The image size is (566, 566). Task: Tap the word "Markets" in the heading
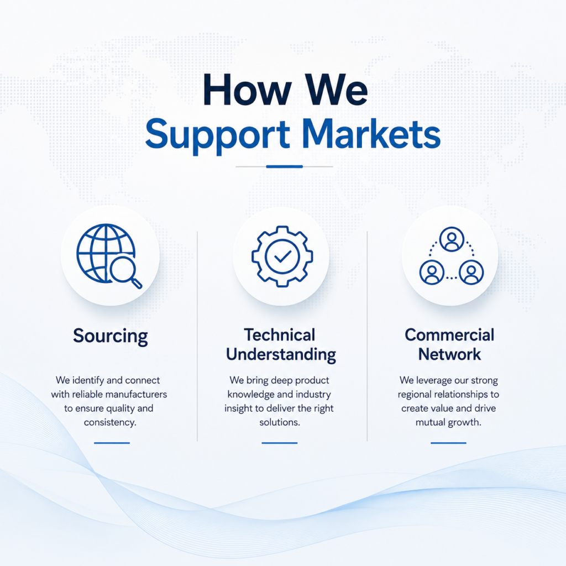click(373, 134)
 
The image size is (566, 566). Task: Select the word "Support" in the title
click(217, 137)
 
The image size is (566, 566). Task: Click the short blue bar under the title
click(285, 166)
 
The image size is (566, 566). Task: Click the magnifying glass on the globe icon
click(125, 272)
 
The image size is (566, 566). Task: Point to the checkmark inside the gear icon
click(282, 256)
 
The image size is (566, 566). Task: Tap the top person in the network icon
click(452, 239)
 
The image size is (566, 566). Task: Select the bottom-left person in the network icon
click(432, 272)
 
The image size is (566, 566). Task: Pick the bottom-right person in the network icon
click(471, 272)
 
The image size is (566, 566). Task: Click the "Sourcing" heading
click(111, 337)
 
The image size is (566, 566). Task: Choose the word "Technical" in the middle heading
click(280, 335)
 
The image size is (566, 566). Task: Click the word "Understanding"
click(281, 355)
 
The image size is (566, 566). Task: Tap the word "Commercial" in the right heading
click(449, 335)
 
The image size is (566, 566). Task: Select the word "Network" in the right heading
click(450, 354)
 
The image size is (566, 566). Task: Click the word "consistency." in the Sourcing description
click(110, 422)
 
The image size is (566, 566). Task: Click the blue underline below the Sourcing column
click(112, 443)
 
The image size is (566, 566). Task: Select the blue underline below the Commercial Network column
click(448, 443)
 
